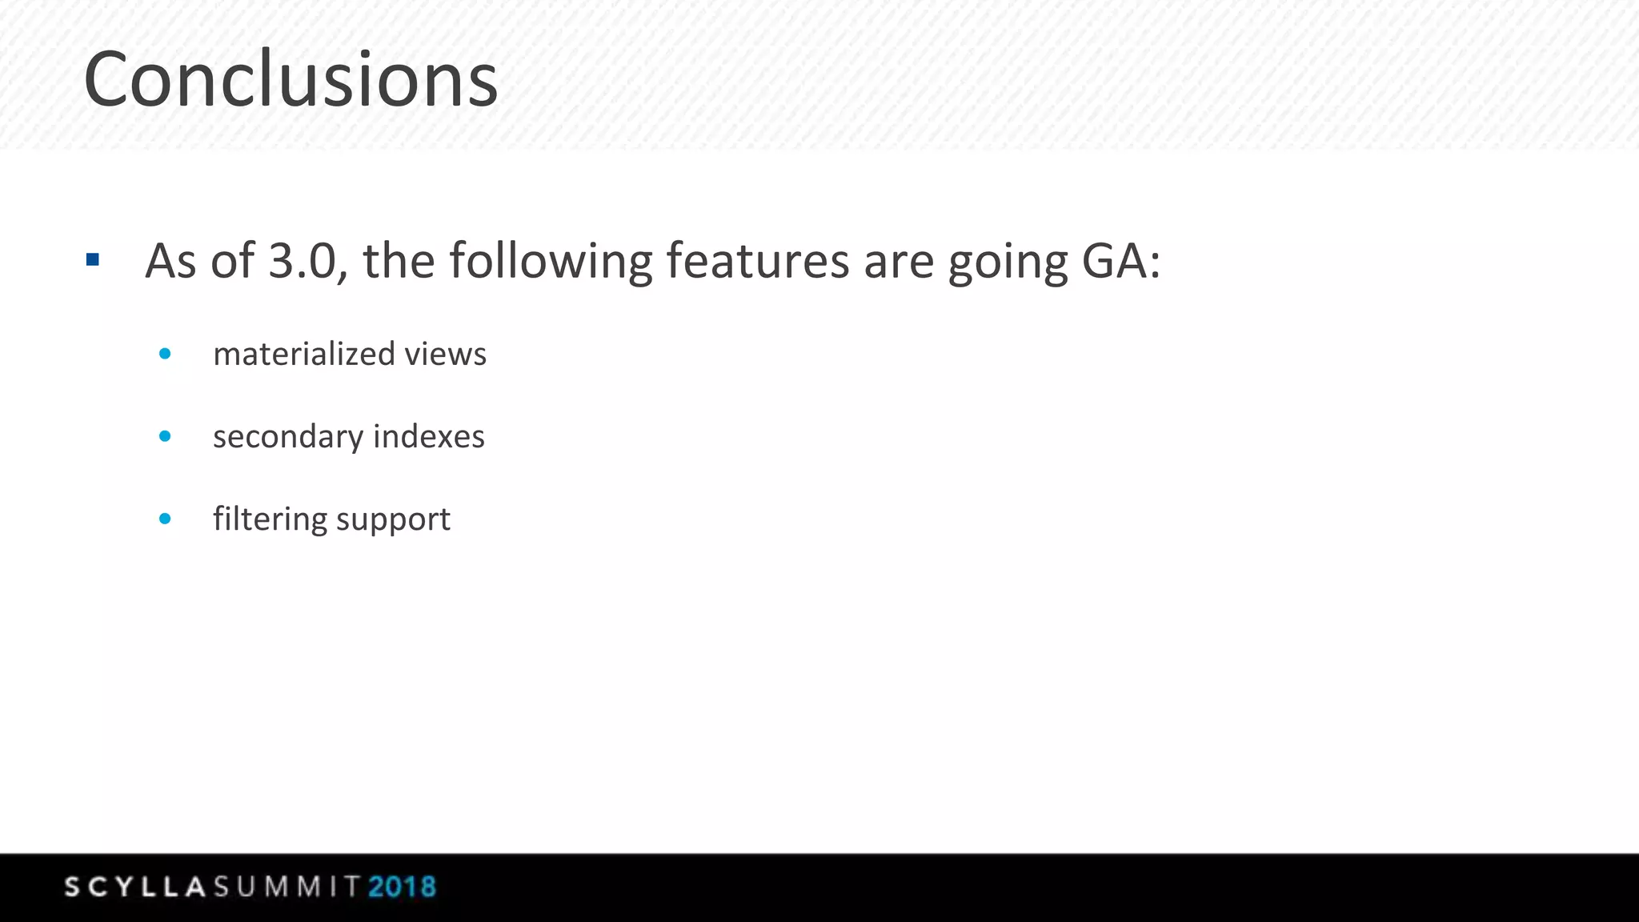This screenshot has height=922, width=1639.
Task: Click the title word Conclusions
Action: pyautogui.click(x=291, y=80)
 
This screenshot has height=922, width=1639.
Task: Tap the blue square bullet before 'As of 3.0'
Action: pyautogui.click(x=93, y=259)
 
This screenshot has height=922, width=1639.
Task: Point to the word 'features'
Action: pyautogui.click(x=757, y=261)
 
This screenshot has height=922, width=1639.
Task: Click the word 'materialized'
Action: pyautogui.click(x=304, y=354)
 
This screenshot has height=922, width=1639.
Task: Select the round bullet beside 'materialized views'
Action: pyautogui.click(x=165, y=354)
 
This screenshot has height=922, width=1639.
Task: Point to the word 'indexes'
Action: pyautogui.click(x=428, y=436)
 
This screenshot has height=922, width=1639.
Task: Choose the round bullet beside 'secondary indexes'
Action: pyautogui.click(x=165, y=436)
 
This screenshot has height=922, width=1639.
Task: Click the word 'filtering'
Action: pyautogui.click(x=270, y=519)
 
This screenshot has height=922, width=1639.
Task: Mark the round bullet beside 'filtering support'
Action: pyautogui.click(x=165, y=519)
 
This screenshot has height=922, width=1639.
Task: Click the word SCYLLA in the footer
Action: pyautogui.click(x=135, y=887)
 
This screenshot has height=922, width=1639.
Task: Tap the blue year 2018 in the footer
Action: pyautogui.click(x=402, y=887)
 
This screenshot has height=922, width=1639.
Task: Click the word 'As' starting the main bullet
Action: pyautogui.click(x=170, y=261)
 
